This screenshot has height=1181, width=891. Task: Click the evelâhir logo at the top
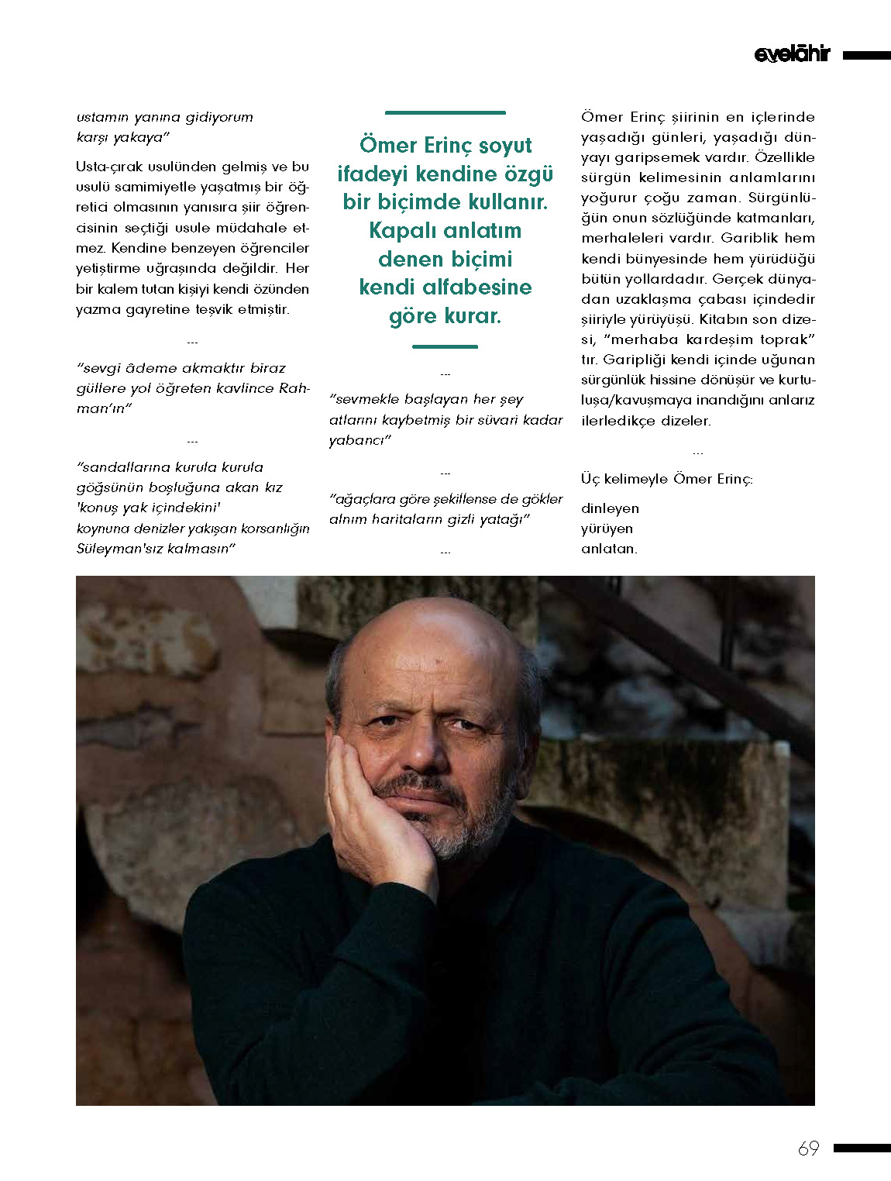791,54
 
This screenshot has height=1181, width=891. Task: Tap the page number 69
808,1148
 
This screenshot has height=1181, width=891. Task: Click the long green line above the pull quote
445,113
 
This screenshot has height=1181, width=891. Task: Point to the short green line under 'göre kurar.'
445,346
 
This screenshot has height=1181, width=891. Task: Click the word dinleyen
610,509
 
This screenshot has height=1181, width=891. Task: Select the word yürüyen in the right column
607,529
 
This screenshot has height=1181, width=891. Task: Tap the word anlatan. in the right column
609,549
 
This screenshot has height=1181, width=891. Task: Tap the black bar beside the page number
862,1148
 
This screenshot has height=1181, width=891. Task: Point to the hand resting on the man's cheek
372,821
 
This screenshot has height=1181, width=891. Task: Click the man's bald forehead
434,651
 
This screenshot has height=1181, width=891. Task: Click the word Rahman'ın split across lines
294,389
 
